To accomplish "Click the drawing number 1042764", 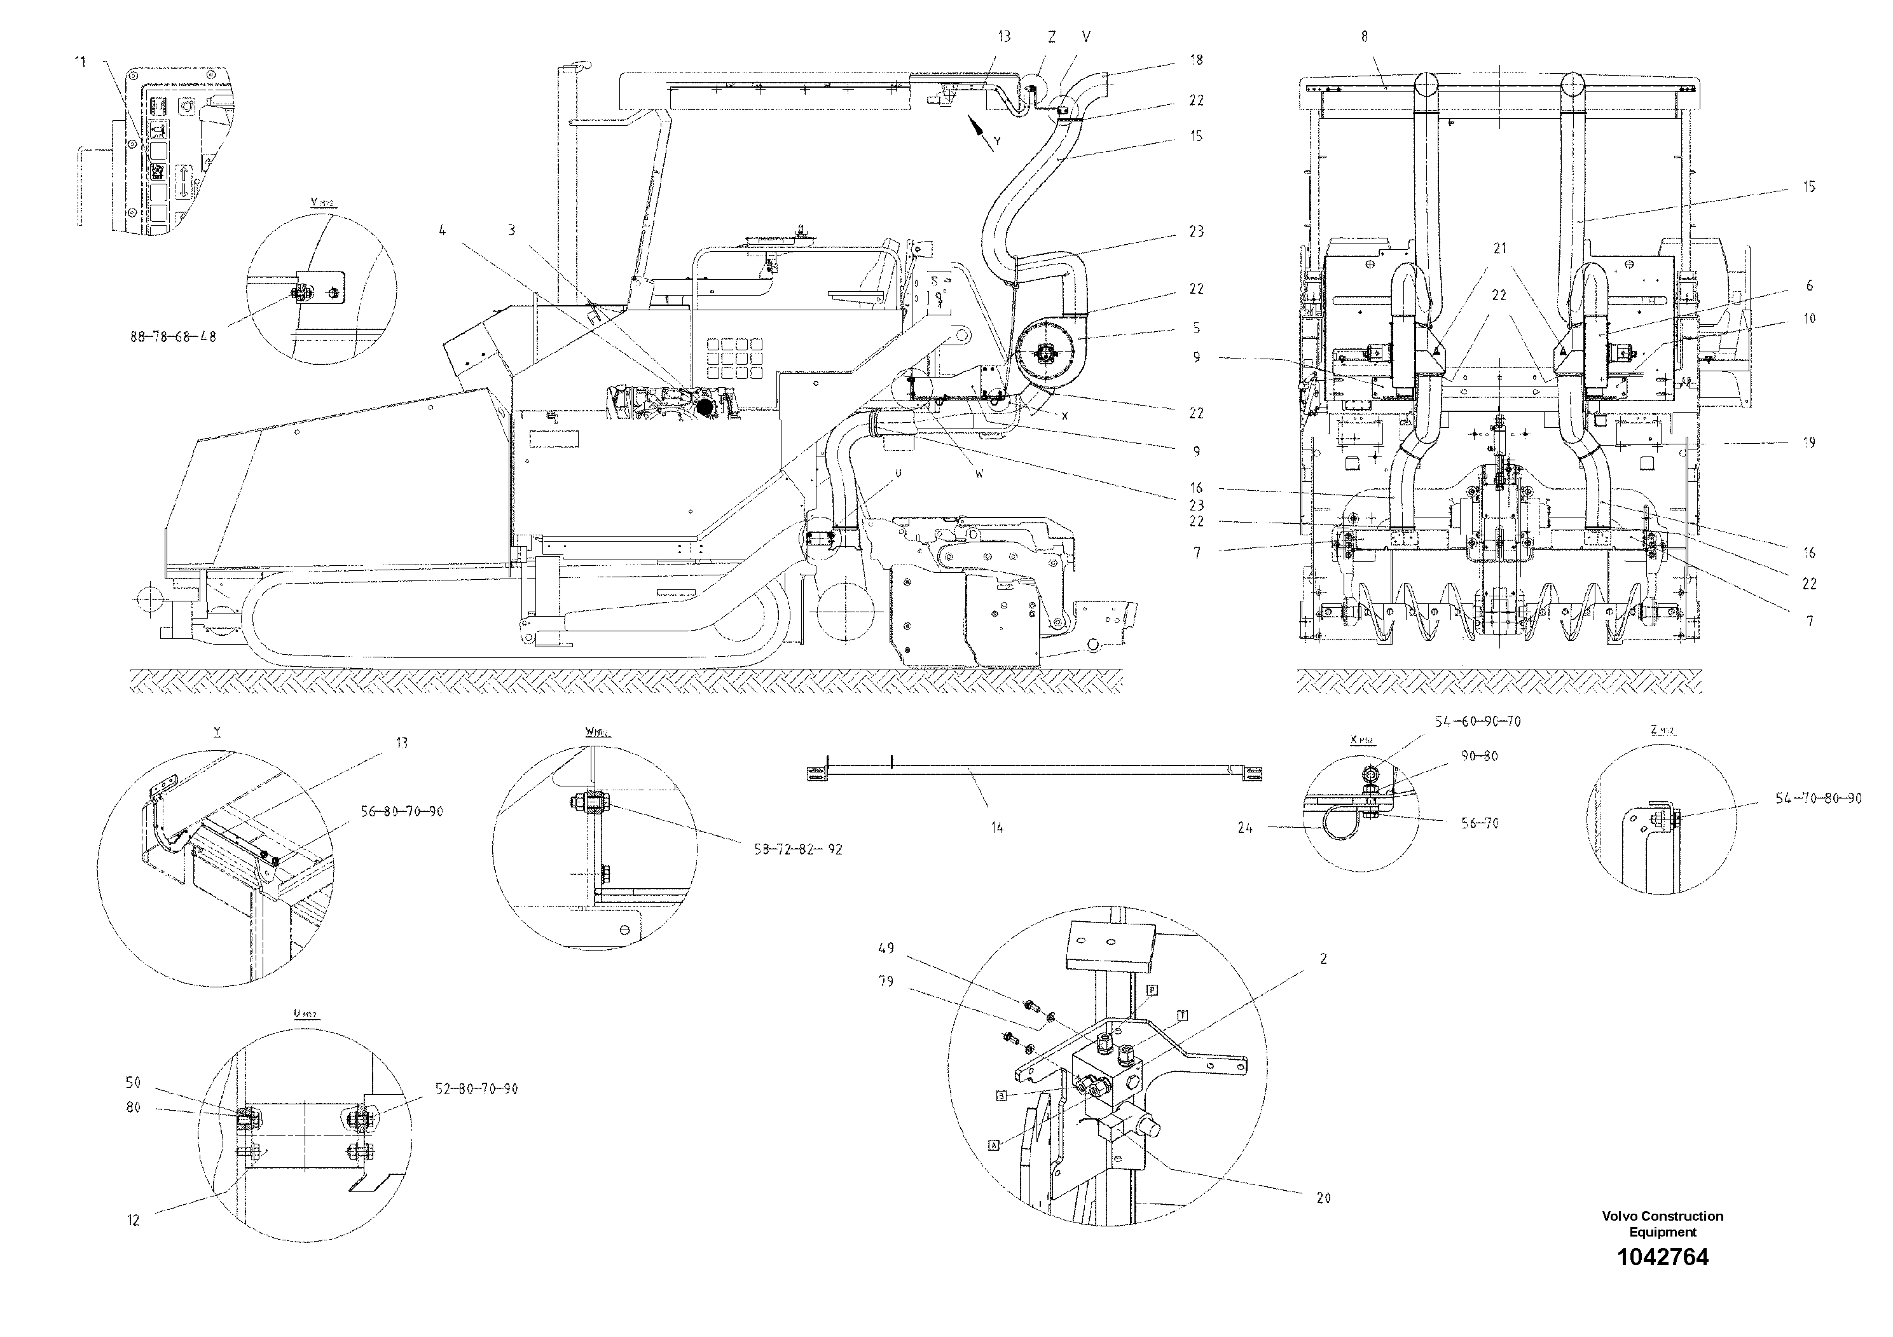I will point(1662,1258).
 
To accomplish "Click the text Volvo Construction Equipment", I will point(1662,1224).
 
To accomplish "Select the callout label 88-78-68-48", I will point(173,337).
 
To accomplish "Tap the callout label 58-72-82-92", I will point(797,849).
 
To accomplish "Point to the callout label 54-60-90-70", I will point(1478,721).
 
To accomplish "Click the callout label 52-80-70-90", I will point(476,1089).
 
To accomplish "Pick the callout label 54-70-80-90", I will point(1818,799).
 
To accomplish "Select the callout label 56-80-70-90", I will point(401,811).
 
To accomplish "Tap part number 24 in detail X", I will point(1244,828).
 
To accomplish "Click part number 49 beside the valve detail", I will point(886,949).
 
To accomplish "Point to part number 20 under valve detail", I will point(1323,1198).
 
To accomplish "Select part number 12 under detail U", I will point(134,1221).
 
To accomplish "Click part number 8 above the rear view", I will point(1365,36).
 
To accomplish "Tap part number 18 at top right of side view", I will point(1196,59).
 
